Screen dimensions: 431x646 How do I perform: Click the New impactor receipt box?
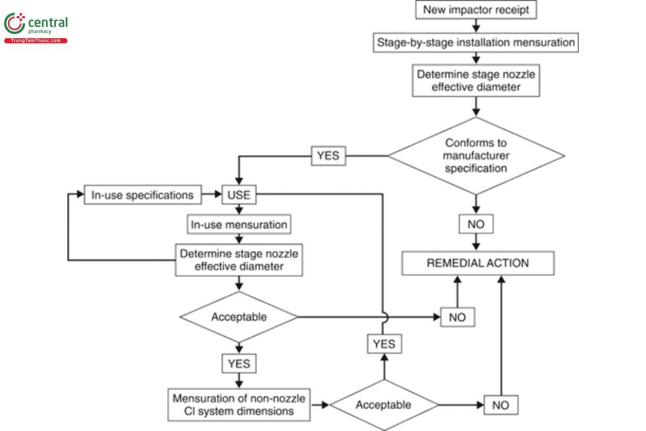(x=476, y=9)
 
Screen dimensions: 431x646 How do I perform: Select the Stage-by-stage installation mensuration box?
(x=476, y=42)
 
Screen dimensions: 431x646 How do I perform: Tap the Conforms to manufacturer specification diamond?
(x=476, y=156)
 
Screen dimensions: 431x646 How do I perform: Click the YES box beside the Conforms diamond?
(x=328, y=156)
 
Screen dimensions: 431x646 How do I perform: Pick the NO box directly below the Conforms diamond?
(x=476, y=224)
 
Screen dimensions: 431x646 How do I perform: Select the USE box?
(x=239, y=195)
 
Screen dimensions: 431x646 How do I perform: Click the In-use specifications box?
(x=142, y=195)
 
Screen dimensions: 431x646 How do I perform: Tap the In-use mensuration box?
(x=239, y=224)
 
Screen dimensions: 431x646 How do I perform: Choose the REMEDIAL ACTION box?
(x=478, y=263)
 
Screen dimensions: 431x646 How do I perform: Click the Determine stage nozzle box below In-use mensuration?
(x=239, y=260)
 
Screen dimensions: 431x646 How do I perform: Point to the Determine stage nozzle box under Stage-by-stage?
(x=476, y=81)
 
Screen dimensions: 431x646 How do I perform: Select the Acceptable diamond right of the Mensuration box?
(x=384, y=405)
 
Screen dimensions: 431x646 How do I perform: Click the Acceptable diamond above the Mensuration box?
(x=238, y=317)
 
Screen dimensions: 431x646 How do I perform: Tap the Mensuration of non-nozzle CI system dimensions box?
(x=239, y=405)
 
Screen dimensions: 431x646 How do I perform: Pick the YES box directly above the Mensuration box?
(x=239, y=364)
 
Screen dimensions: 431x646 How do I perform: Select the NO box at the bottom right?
(x=500, y=405)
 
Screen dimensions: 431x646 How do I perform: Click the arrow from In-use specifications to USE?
(x=212, y=195)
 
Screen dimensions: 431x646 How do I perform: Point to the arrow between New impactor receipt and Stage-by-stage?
(x=476, y=25)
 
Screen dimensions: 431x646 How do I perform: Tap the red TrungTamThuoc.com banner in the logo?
(x=36, y=40)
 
